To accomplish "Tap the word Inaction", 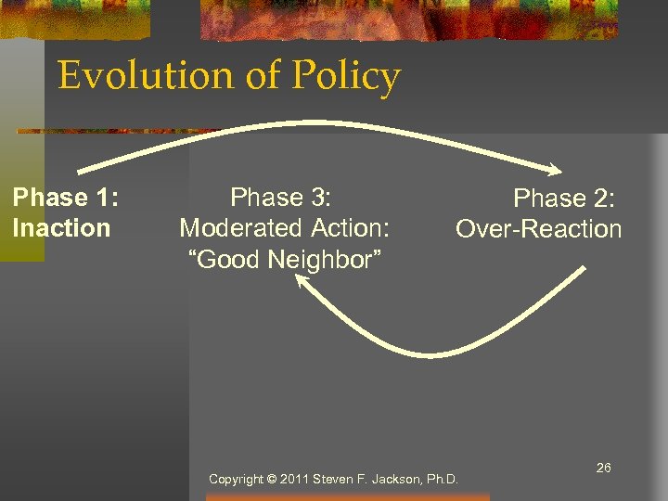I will (x=61, y=228).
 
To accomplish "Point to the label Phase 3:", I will (x=281, y=198).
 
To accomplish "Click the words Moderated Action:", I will (x=286, y=228).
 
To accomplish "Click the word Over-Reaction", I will (x=538, y=229).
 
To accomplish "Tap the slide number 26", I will (x=603, y=468).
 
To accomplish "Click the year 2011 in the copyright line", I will (x=295, y=480).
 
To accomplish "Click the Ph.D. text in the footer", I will (x=441, y=480).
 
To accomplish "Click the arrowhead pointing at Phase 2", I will (x=555, y=170).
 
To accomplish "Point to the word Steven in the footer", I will (x=332, y=480).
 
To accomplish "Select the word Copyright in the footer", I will (x=236, y=480).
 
